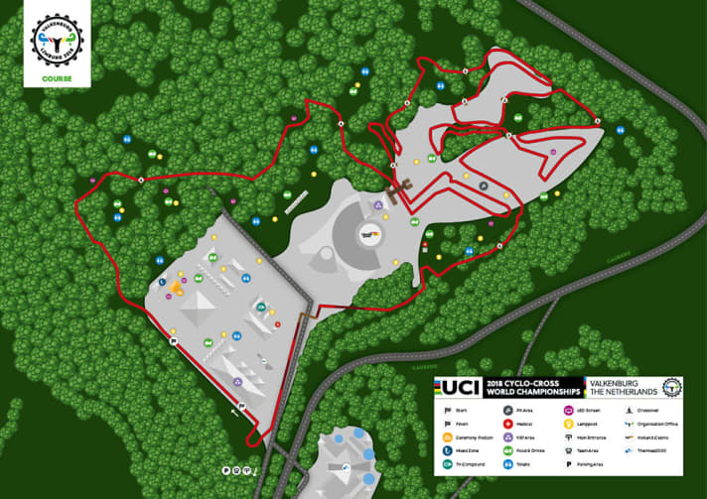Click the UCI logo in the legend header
tap(461, 386)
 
